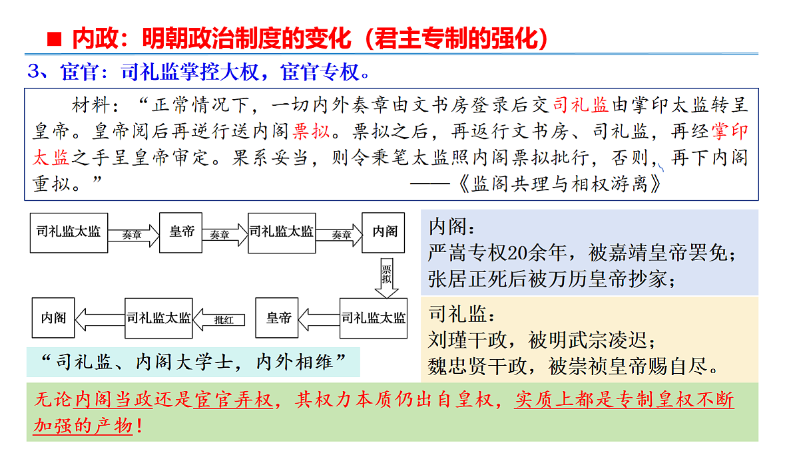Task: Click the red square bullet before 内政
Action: coord(54,39)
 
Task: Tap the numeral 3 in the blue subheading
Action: coord(34,71)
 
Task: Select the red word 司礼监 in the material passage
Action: coord(581,105)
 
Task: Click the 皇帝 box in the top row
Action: coord(181,233)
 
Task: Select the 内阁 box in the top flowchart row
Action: coord(384,233)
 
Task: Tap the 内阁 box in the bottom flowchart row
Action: coord(53,318)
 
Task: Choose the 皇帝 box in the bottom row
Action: coord(277,318)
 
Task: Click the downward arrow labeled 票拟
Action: coord(387,278)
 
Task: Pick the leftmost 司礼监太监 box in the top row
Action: coord(69,233)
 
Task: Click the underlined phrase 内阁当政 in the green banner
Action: coord(114,400)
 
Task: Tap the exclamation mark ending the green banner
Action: coord(139,426)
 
